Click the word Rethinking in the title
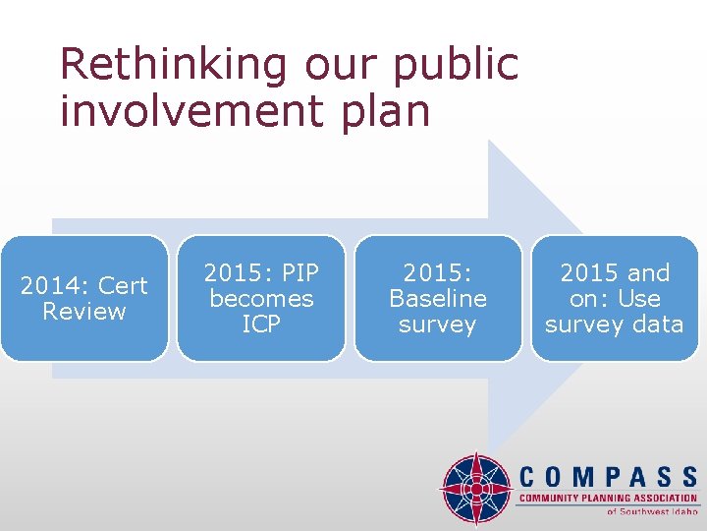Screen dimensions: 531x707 [173, 65]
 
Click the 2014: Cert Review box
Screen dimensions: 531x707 [84, 298]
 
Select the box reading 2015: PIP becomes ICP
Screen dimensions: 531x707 [261, 298]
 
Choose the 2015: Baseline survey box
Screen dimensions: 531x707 [438, 298]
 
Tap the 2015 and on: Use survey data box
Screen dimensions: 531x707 [614, 298]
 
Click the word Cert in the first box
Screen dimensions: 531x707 [123, 286]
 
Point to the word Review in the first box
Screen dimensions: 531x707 [84, 312]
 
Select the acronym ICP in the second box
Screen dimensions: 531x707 [261, 324]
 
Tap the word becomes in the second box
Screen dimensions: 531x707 [261, 299]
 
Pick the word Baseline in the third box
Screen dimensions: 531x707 [438, 299]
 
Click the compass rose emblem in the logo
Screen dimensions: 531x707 [476, 488]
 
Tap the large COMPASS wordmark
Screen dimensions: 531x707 [608, 478]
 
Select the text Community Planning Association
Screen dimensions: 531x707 [608, 500]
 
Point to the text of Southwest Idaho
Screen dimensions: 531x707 [652, 511]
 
